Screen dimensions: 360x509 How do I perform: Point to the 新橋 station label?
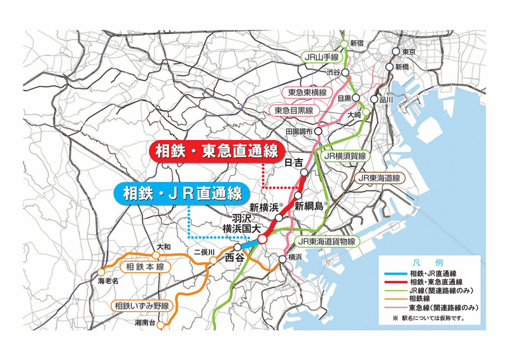coord(403,66)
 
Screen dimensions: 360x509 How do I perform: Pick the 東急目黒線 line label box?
coord(295,111)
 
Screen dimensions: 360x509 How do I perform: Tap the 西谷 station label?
coord(234,258)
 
